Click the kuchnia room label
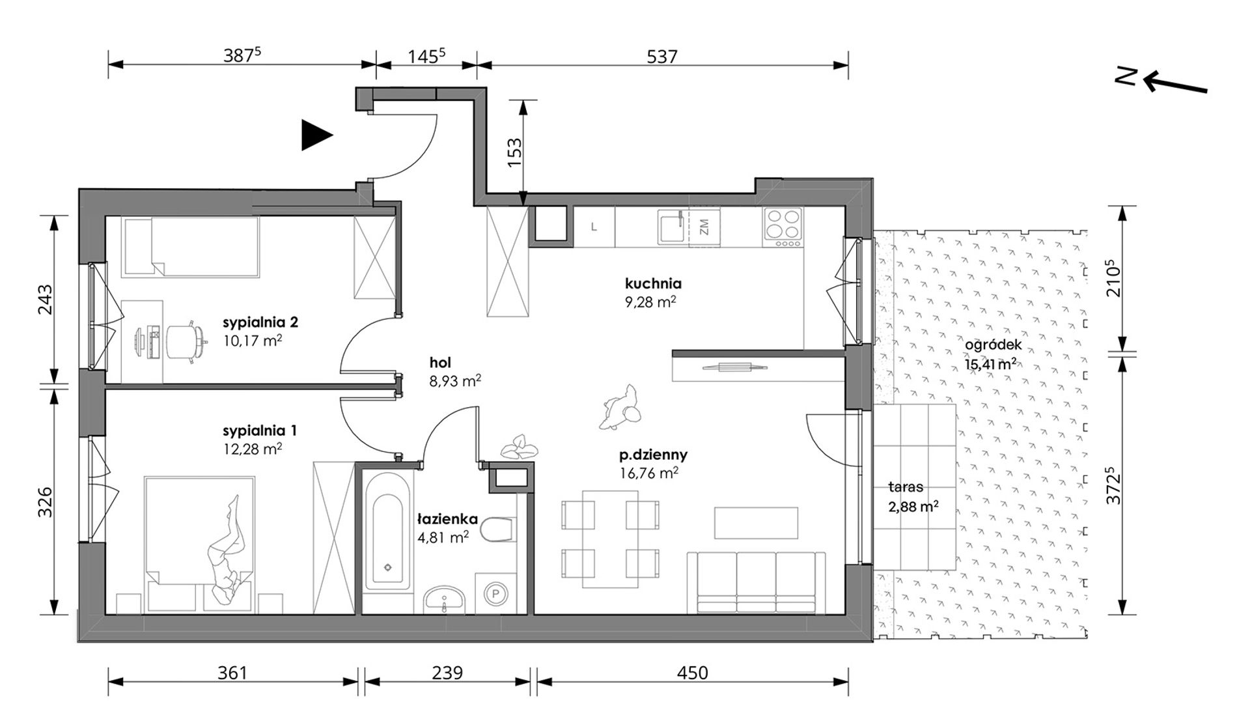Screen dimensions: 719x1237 653,283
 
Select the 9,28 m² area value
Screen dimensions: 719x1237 650,302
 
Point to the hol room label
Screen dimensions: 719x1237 440,363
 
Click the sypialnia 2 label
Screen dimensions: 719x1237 260,322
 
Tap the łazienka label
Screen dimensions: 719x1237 448,519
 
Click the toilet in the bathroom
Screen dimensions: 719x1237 499,530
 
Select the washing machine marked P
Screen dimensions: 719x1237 495,593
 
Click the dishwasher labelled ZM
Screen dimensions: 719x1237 704,227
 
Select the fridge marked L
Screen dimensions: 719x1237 594,227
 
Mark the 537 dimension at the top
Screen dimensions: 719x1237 662,57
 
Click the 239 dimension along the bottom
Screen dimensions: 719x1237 447,672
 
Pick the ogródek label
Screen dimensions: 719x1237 994,346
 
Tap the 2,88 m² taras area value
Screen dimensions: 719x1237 913,505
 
